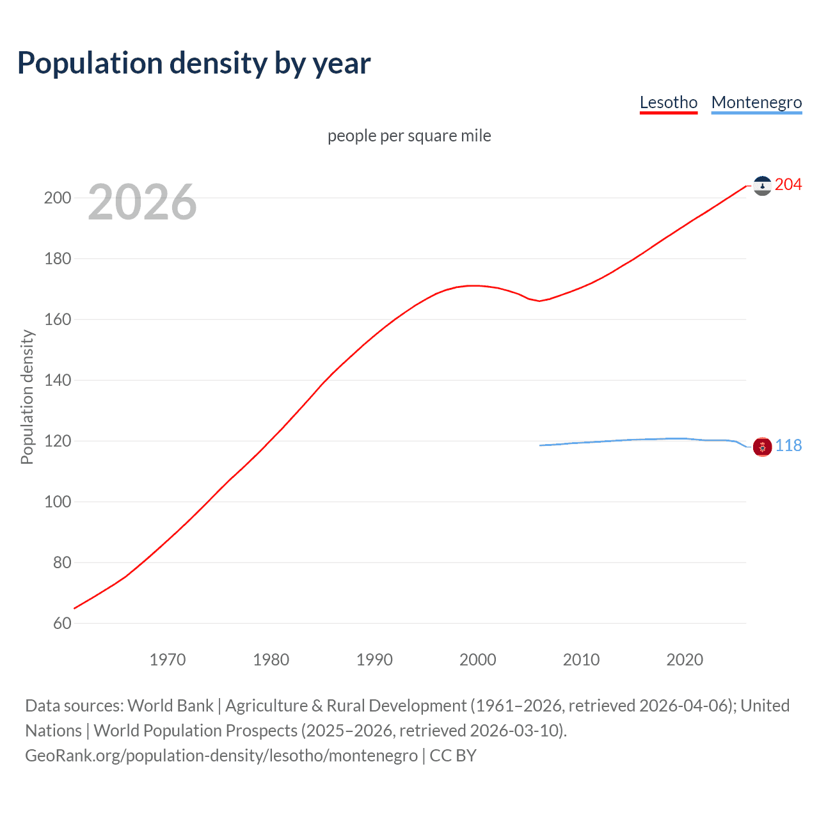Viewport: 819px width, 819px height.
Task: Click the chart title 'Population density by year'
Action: [194, 63]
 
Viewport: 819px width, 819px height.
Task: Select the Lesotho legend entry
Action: [668, 102]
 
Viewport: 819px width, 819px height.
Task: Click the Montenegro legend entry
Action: [756, 102]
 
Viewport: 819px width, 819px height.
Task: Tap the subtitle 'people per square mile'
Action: [409, 136]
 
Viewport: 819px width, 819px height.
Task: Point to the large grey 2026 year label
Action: [142, 202]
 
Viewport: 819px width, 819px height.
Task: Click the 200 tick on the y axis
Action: [57, 198]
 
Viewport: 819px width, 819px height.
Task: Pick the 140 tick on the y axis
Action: [57, 380]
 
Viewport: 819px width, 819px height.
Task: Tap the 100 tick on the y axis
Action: [57, 502]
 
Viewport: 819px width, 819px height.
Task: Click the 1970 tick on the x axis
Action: [168, 660]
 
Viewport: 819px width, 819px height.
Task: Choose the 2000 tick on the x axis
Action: [477, 660]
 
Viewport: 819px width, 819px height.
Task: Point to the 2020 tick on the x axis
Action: [685, 660]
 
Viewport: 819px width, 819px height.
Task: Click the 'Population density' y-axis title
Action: [27, 397]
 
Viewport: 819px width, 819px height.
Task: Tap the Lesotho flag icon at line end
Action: [762, 186]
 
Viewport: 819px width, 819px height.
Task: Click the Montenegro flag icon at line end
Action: [762, 447]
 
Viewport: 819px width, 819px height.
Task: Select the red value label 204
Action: [788, 185]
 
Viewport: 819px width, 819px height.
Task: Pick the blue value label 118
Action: [788, 446]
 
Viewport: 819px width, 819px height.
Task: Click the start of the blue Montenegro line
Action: [540, 445]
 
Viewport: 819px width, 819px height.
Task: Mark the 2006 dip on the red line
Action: [539, 301]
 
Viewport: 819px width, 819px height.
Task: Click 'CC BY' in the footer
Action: [453, 756]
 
